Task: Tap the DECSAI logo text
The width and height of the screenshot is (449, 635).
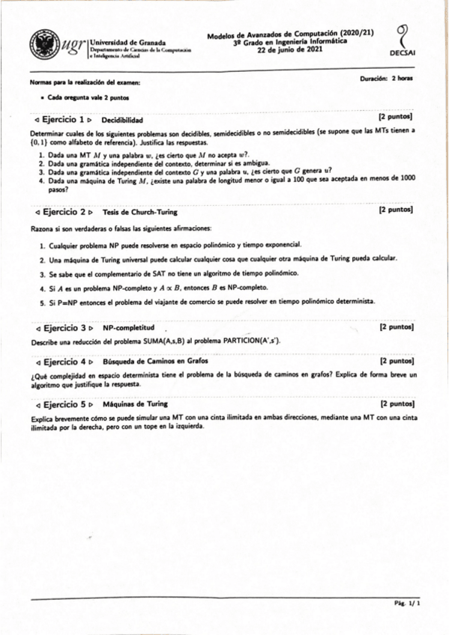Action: tap(403, 55)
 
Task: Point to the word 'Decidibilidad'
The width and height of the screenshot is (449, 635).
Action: tap(122, 120)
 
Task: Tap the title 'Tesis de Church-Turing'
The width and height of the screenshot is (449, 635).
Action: tap(139, 212)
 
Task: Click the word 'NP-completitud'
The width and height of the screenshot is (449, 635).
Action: tap(128, 328)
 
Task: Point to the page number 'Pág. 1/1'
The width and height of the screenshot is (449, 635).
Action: tap(408, 603)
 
